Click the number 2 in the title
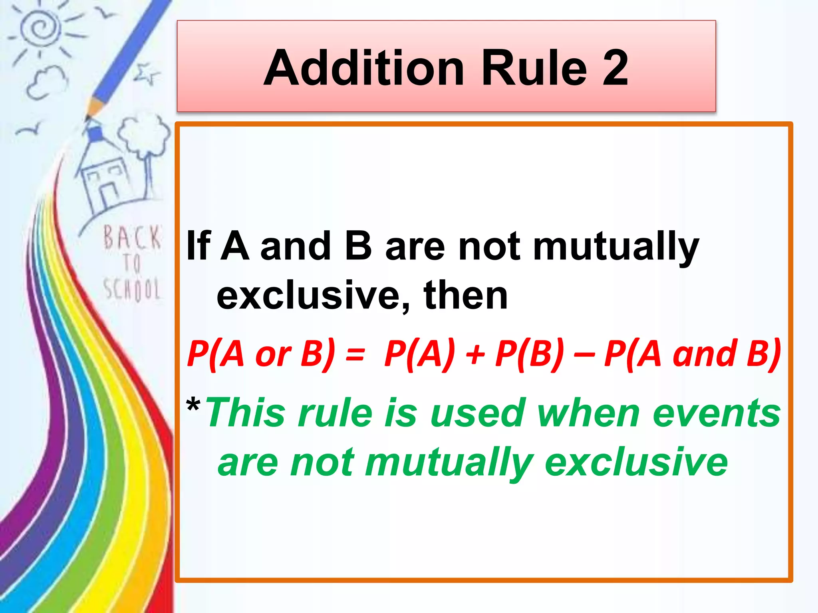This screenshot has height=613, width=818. [x=615, y=68]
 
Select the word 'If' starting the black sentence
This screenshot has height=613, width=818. [x=199, y=246]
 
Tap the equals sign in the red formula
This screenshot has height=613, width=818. [x=355, y=354]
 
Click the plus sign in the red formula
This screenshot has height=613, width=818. [x=475, y=354]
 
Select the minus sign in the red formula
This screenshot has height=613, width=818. [x=584, y=354]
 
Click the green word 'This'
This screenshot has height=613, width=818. [x=246, y=413]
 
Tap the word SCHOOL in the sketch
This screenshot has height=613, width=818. [x=132, y=289]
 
